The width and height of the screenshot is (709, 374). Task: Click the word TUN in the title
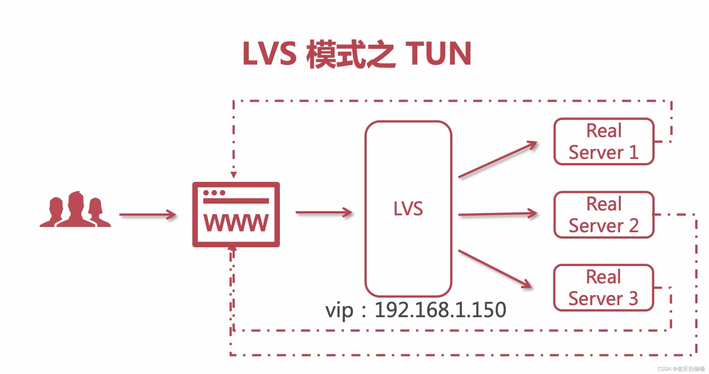(438, 54)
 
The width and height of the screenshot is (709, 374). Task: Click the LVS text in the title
(270, 54)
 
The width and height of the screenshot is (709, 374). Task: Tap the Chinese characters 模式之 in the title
(351, 54)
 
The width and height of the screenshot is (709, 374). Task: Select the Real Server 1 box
(604, 141)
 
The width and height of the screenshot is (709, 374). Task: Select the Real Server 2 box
(604, 215)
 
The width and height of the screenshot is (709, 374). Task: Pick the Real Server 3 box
(603, 288)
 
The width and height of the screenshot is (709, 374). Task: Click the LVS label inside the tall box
(408, 209)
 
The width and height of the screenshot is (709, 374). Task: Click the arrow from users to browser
(147, 215)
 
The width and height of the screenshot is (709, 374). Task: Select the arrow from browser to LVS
(324, 212)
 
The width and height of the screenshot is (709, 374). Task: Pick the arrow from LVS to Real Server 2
(497, 214)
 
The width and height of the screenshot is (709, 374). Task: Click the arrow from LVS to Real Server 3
(494, 269)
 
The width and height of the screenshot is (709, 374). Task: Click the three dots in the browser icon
(214, 193)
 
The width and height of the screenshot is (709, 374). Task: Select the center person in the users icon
(76, 209)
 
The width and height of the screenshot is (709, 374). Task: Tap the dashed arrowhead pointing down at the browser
(234, 175)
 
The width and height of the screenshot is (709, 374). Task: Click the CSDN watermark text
(681, 369)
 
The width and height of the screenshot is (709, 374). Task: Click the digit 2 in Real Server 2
(633, 226)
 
